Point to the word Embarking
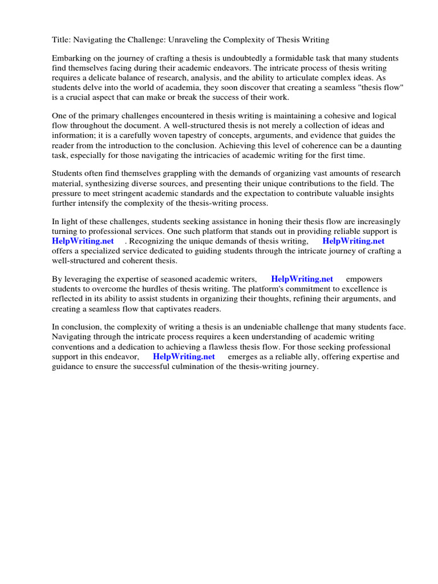coord(71,59)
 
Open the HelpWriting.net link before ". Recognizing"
coord(83,241)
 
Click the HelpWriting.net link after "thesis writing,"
coord(354,241)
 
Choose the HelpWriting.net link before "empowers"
coord(302,279)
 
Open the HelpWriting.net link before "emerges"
coord(184,356)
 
